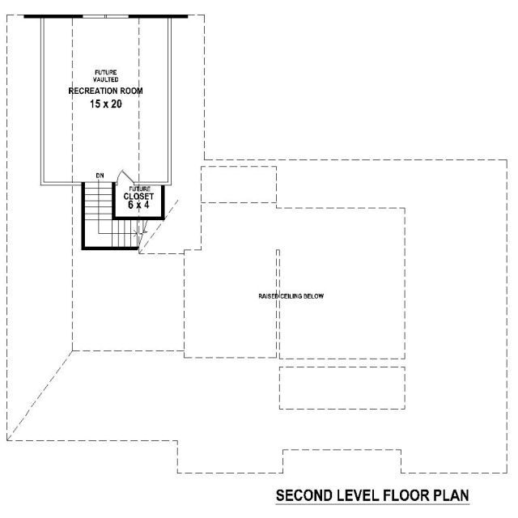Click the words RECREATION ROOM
coord(105,91)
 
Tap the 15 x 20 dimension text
coord(106,104)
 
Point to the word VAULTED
coord(106,79)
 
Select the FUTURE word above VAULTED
coord(106,72)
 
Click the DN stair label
coord(100,176)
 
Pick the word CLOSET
coord(138,197)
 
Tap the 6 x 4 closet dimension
coord(138,205)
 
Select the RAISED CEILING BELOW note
coord(291,296)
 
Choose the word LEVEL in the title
coord(358,495)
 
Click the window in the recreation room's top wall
coord(106,16)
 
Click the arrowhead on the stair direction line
coord(136,234)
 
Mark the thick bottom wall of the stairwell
coord(111,248)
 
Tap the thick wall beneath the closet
coord(138,218)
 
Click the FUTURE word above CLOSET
coord(139,189)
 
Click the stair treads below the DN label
coord(99,205)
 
